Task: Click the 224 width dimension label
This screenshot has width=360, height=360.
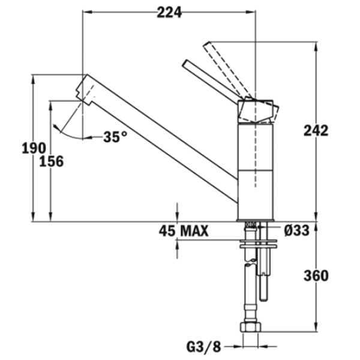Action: [x=169, y=12]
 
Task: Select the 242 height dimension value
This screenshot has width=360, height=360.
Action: [x=316, y=131]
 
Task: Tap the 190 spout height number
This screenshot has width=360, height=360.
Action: [x=34, y=148]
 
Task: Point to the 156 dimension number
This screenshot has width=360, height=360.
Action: [x=51, y=161]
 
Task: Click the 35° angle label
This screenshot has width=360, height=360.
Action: [x=115, y=137]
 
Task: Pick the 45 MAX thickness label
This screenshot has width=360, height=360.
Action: [x=184, y=231]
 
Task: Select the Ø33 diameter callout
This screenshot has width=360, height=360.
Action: [x=296, y=230]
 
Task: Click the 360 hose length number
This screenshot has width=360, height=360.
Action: [x=316, y=275]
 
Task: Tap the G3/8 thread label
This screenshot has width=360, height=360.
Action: [x=203, y=347]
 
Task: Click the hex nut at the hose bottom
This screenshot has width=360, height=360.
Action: [x=250, y=326]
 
